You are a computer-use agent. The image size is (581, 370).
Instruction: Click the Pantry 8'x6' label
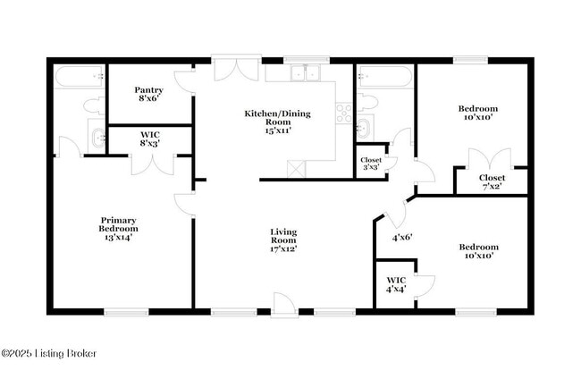[148, 95]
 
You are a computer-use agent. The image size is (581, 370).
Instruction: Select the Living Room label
[283, 240]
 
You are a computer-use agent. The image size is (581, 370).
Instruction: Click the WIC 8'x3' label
[149, 139]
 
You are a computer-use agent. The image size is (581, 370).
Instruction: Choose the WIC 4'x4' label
[396, 284]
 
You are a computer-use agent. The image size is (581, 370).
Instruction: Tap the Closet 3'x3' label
[370, 164]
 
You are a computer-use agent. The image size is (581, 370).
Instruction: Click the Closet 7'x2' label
[490, 182]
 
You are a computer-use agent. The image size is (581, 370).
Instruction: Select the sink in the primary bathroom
[97, 139]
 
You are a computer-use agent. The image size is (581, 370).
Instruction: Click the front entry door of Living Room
[285, 305]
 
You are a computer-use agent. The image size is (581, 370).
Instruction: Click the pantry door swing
[186, 85]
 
